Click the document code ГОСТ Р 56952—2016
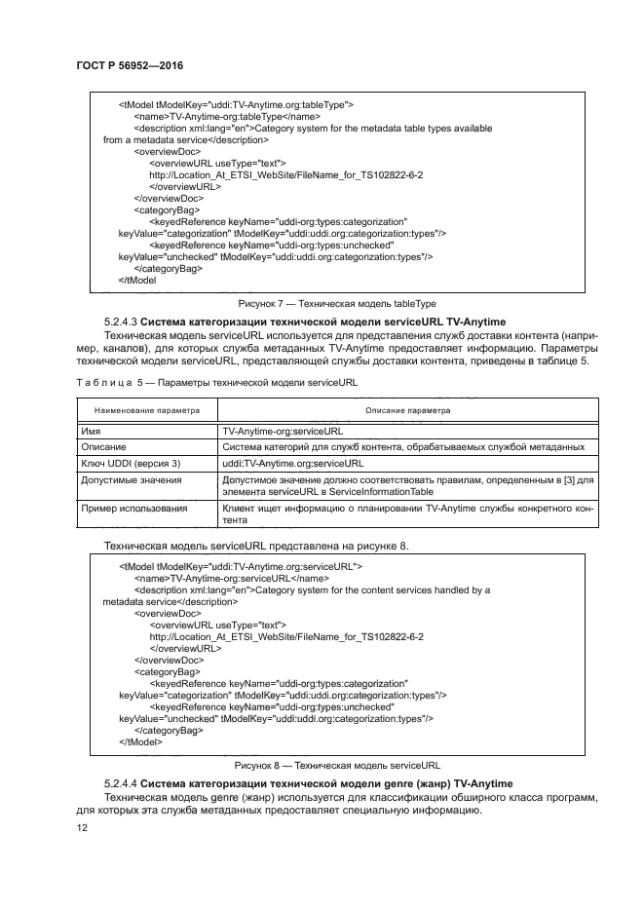pos(130,65)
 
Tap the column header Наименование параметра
pos(146,410)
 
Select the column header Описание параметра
pos(407,410)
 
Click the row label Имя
pos(93,430)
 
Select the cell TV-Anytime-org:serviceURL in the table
pos(283,430)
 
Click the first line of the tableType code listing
pos(236,104)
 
